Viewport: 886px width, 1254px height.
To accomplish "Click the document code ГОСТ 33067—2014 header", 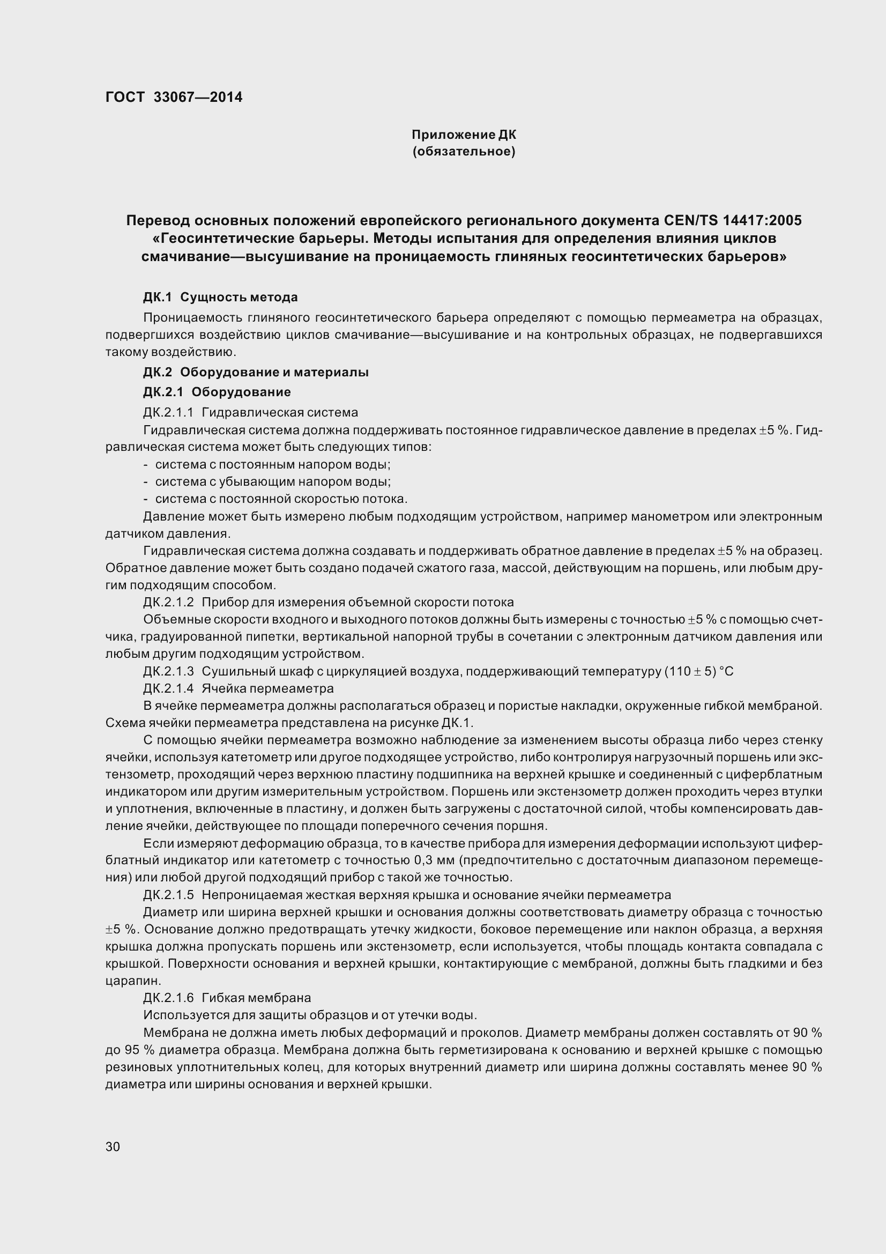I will (x=174, y=97).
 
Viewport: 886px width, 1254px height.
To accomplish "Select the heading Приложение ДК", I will (x=464, y=135).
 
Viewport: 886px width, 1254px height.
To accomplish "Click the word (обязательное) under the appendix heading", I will (x=464, y=151).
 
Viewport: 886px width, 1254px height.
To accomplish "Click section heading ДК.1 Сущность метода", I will (x=220, y=297).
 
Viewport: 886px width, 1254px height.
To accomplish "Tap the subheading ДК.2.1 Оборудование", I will (x=217, y=391).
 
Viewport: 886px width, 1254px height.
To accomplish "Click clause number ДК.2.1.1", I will (x=168, y=412).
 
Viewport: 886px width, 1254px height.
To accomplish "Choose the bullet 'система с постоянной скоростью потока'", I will (x=281, y=499).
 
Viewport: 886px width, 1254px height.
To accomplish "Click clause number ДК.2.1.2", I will (x=168, y=602).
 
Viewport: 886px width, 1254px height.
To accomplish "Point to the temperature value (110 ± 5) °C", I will (x=699, y=671).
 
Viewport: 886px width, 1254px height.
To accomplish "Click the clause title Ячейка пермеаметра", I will (x=267, y=688).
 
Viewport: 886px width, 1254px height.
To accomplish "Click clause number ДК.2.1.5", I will (x=168, y=895).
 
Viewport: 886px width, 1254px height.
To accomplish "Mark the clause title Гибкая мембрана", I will (x=256, y=998).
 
